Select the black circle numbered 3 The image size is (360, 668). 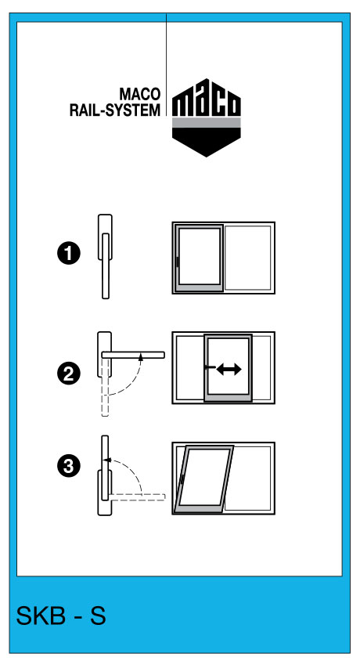point(69,465)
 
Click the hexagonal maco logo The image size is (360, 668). point(207,117)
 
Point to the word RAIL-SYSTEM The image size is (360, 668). point(115,110)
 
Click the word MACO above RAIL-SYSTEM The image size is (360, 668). point(139,94)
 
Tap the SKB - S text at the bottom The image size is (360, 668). point(61,616)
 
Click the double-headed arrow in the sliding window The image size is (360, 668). point(229,369)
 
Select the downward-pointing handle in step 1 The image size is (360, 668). point(106,265)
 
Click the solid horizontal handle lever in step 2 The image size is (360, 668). point(133,355)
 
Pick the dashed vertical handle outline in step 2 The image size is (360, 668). point(106,387)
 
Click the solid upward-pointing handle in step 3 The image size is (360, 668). point(105,468)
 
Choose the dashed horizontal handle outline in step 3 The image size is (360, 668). point(137,496)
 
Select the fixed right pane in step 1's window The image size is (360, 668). point(247,258)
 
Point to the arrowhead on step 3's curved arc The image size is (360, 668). point(106,460)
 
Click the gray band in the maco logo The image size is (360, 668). point(207,123)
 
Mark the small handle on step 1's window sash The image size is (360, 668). point(176,262)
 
